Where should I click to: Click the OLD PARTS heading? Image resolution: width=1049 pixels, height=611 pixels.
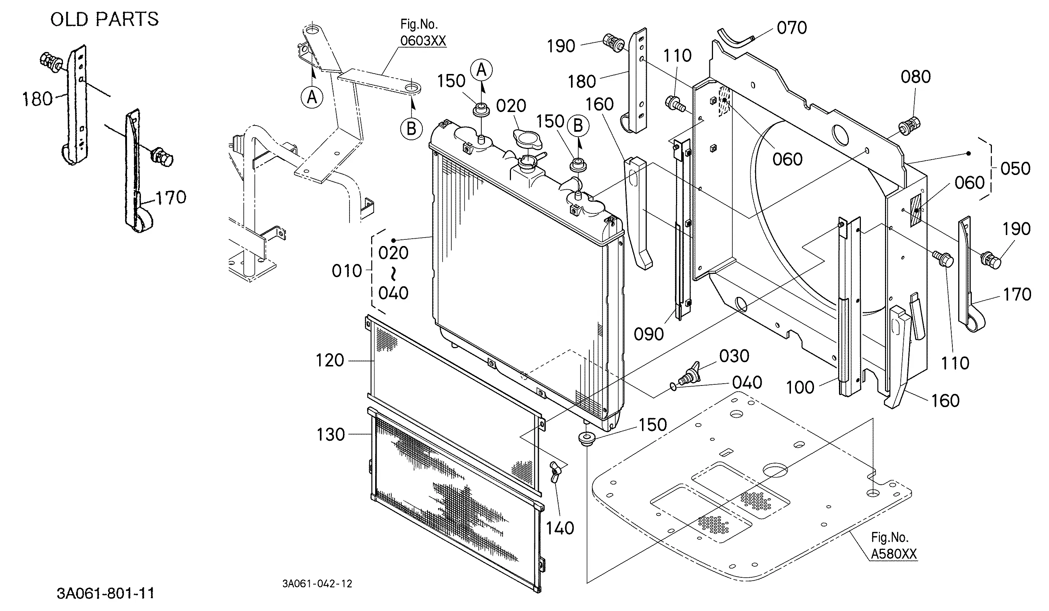(104, 19)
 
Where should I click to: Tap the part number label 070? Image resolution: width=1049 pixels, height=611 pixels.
(792, 28)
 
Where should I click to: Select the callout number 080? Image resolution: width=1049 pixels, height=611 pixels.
(916, 77)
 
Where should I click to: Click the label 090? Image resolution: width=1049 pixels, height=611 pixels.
(649, 334)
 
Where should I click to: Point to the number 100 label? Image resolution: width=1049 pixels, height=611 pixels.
(800, 387)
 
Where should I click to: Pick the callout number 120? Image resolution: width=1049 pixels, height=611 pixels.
(330, 361)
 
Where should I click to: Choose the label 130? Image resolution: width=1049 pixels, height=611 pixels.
(331, 435)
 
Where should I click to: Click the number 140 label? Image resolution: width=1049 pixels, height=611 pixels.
(560, 528)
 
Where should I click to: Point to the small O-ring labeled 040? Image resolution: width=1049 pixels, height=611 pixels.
(673, 387)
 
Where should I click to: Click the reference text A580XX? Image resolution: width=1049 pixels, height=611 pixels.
(894, 554)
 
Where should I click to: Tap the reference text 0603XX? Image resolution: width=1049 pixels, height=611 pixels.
(423, 41)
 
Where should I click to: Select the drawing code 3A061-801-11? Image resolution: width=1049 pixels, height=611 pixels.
(105, 593)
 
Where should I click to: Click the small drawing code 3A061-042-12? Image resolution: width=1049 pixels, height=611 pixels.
(317, 584)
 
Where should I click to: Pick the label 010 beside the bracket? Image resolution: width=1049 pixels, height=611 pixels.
(347, 271)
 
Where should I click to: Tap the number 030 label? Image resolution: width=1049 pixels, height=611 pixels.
(734, 356)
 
